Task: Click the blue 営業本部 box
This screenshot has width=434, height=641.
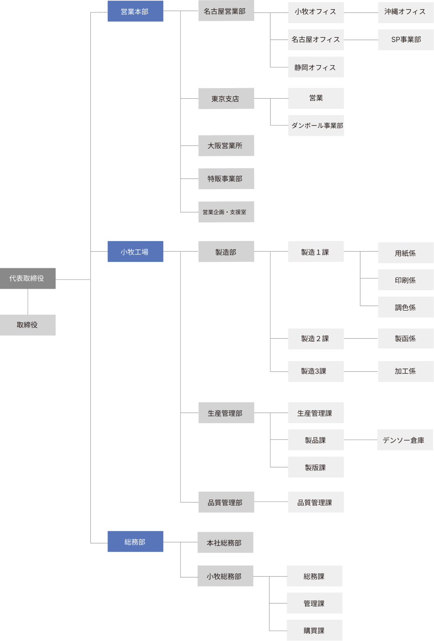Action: click(x=135, y=11)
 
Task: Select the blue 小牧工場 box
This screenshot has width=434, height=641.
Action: click(x=135, y=252)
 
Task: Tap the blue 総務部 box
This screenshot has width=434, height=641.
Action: click(x=135, y=541)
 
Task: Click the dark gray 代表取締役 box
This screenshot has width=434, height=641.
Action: click(x=27, y=279)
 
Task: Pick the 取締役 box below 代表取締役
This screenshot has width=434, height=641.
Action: click(x=27, y=325)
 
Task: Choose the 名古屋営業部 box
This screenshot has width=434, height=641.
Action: click(x=226, y=11)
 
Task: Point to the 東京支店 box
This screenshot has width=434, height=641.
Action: click(x=226, y=99)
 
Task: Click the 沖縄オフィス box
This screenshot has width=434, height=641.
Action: click(x=405, y=12)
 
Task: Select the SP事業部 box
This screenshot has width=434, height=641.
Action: click(x=405, y=40)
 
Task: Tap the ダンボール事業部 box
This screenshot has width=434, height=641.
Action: click(x=316, y=126)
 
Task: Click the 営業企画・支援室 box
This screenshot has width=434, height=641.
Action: click(x=226, y=212)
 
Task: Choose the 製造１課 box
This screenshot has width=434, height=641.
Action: click(x=316, y=252)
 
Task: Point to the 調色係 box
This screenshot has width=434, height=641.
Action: click(x=405, y=307)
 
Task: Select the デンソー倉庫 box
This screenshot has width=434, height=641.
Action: click(x=404, y=440)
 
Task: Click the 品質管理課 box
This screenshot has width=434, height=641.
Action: click(x=316, y=502)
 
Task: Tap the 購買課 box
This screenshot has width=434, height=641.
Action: click(x=314, y=630)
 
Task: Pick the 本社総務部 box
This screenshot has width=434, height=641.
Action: click(x=225, y=542)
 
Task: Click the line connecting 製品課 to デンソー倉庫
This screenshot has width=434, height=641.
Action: click(x=360, y=440)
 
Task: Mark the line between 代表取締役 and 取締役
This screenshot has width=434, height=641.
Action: click(x=28, y=302)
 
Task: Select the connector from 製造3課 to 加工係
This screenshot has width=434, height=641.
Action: click(x=361, y=372)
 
